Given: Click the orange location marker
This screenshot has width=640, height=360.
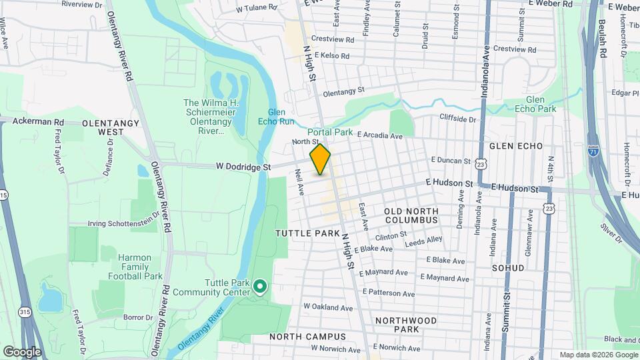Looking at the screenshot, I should pyautogui.click(x=321, y=159).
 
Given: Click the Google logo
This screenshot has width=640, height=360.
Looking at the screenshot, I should pyautogui.click(x=22, y=351).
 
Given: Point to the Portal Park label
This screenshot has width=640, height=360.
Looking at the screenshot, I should pyautogui.click(x=329, y=132).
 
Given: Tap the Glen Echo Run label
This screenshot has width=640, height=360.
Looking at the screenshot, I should pyautogui.click(x=277, y=117).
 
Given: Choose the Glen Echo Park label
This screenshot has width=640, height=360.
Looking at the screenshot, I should pyautogui.click(x=539, y=104).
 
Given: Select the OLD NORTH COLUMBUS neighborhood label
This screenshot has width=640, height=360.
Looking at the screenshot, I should pyautogui.click(x=411, y=215).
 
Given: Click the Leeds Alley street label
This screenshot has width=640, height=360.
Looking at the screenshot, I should pyautogui.click(x=423, y=241).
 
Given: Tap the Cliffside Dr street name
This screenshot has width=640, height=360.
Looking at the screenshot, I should pyautogui.click(x=458, y=119).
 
